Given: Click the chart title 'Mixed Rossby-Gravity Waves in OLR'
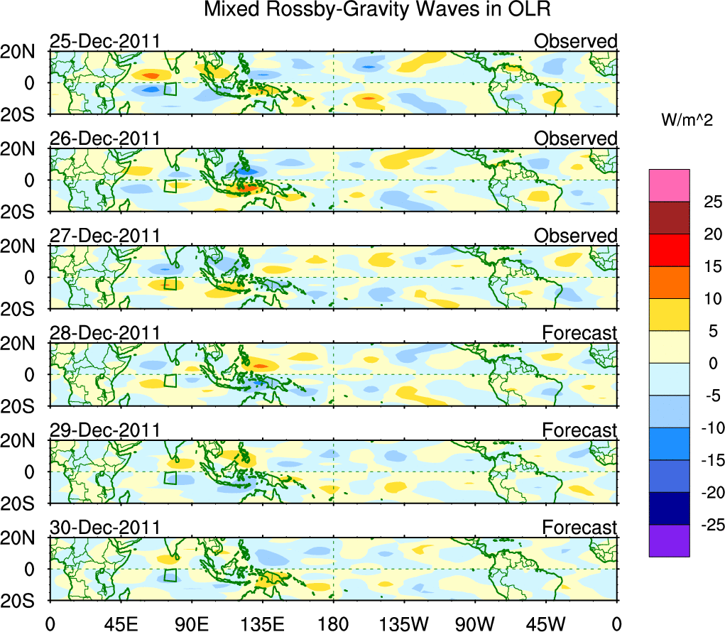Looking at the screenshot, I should [x=377, y=10].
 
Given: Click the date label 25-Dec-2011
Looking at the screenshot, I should [x=104, y=42].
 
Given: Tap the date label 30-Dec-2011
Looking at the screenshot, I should [x=104, y=528].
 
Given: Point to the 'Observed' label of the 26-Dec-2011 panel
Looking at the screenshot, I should [x=575, y=139].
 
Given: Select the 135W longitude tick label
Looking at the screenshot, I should [x=404, y=624].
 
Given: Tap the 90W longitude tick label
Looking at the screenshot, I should [x=475, y=624].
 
